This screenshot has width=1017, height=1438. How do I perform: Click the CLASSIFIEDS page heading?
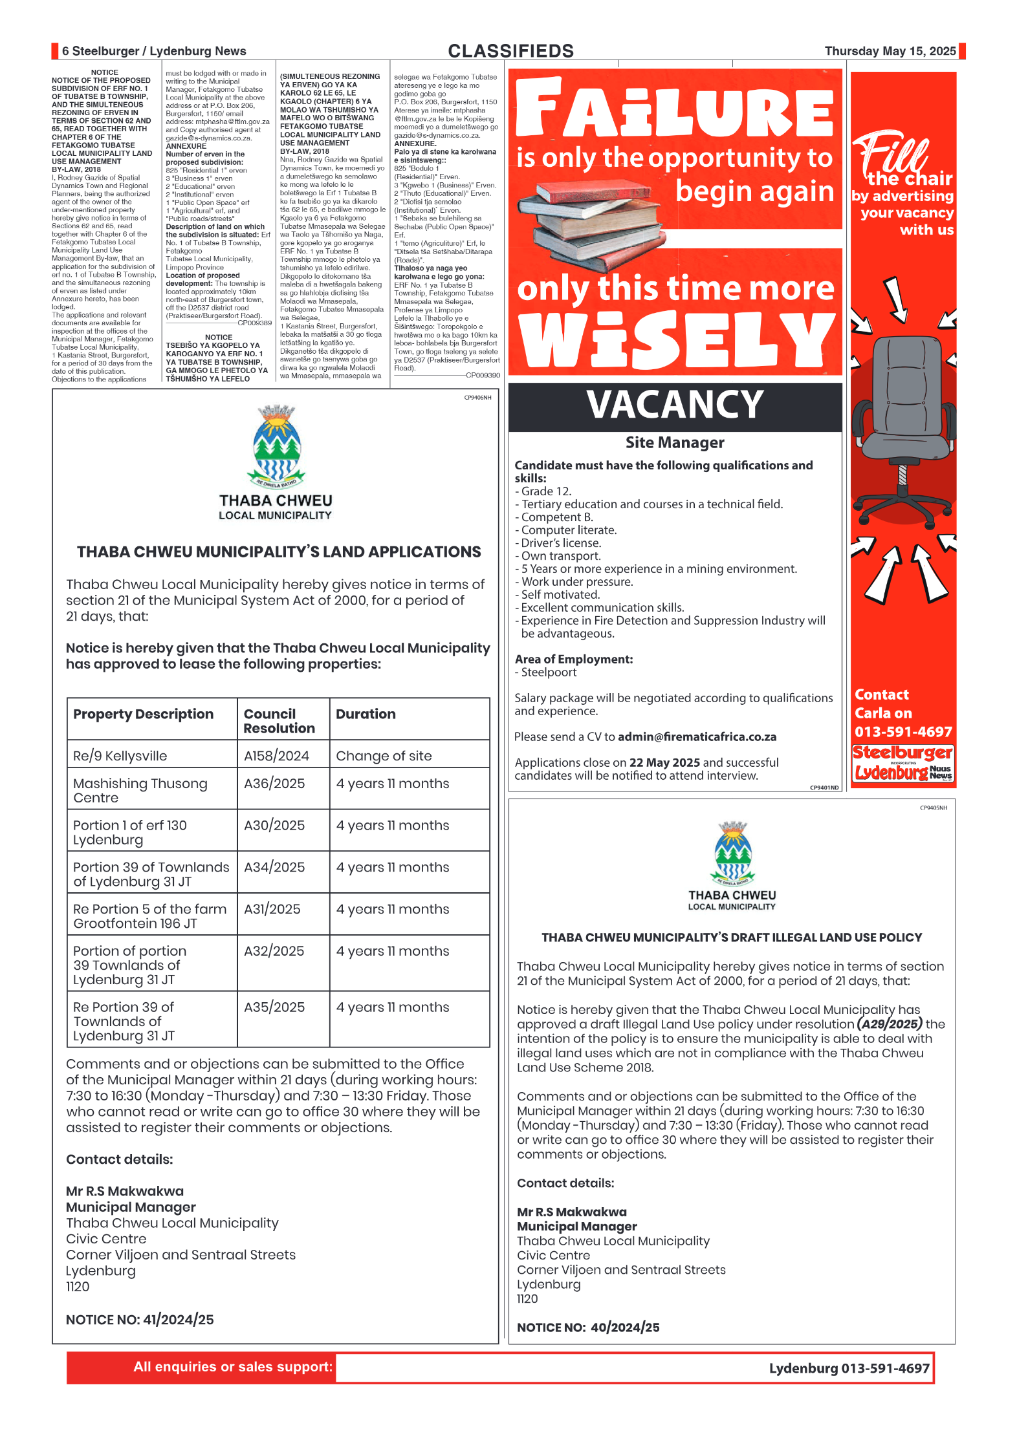[x=510, y=51]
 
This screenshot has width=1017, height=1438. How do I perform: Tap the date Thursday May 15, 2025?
[x=890, y=51]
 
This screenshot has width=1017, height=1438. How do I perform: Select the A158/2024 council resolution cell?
[x=276, y=755]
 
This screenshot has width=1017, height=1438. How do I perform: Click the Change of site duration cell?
[x=384, y=755]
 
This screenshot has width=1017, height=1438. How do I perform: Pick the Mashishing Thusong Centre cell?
[x=140, y=790]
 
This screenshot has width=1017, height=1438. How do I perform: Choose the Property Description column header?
[x=143, y=714]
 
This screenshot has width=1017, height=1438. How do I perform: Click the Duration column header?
[x=366, y=714]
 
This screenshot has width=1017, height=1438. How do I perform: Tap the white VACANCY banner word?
[x=675, y=405]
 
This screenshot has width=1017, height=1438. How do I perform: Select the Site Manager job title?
[x=675, y=443]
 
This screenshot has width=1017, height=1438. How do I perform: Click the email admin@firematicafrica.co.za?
[x=697, y=736]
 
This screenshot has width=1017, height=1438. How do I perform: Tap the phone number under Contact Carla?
[x=903, y=732]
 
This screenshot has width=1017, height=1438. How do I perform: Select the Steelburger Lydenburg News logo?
[x=903, y=764]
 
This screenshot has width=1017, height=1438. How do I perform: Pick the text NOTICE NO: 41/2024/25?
[x=140, y=1320]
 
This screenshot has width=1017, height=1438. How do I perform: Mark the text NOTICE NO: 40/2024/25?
[x=588, y=1327]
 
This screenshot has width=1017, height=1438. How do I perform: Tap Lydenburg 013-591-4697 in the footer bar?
[x=849, y=1368]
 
